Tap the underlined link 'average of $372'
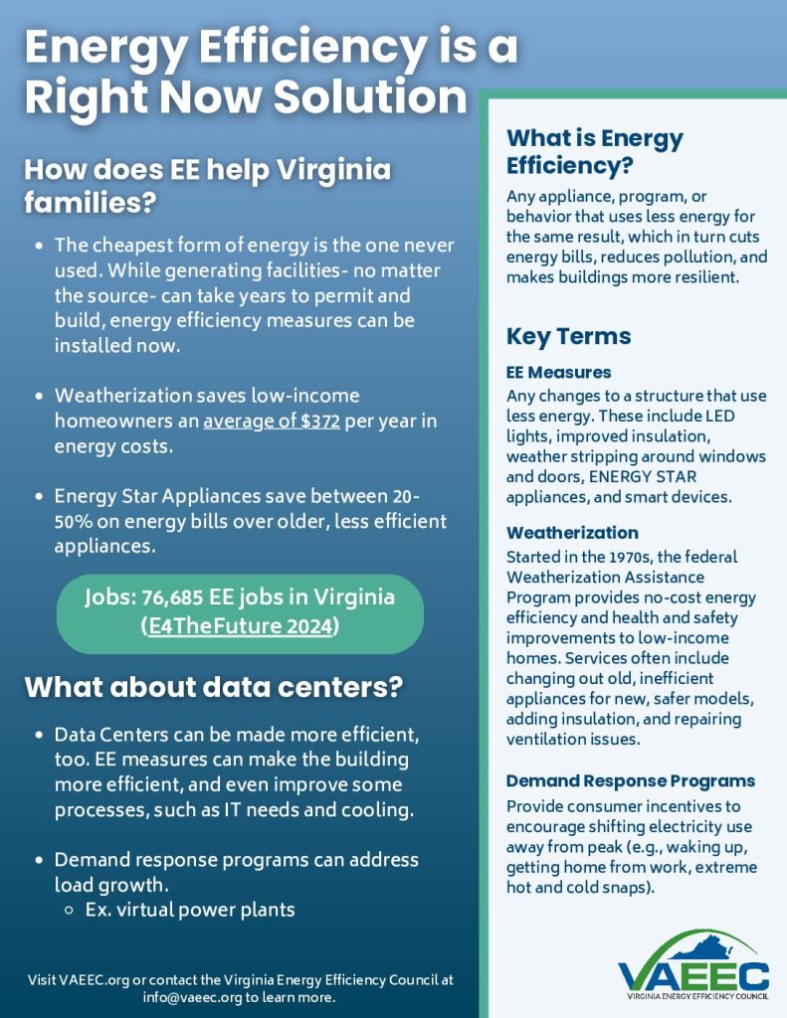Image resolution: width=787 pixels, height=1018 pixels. (x=271, y=421)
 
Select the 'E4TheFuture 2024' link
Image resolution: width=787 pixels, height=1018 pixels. (x=240, y=628)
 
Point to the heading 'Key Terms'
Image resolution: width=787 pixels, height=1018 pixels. (x=568, y=336)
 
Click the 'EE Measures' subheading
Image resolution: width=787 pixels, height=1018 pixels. (x=558, y=372)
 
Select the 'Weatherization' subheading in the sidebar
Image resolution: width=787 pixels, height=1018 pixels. (x=572, y=533)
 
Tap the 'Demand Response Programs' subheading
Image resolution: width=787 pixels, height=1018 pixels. (x=630, y=780)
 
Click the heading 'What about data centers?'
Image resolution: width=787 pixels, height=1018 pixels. (x=213, y=687)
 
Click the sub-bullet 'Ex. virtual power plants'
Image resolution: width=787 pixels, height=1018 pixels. (x=190, y=909)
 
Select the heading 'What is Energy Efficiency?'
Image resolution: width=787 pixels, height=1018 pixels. (x=594, y=151)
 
